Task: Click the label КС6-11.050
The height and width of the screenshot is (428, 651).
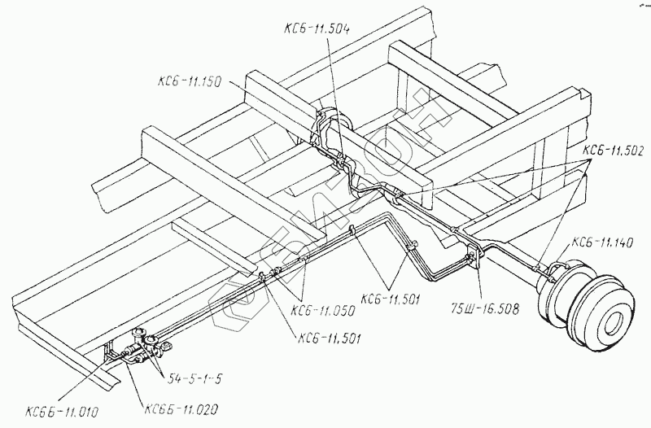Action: [x=321, y=310]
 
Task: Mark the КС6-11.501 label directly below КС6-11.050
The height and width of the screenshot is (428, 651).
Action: [x=330, y=338]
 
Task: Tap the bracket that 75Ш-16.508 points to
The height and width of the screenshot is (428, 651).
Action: [x=473, y=259]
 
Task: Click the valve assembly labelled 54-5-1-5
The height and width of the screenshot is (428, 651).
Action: [x=144, y=347]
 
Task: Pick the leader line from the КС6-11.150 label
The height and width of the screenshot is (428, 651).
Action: [x=273, y=96]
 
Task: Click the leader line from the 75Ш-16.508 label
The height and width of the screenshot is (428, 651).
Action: [x=478, y=281]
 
